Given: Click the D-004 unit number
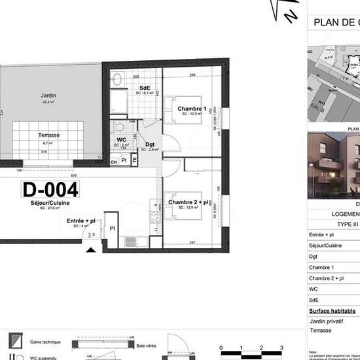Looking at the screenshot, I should (50, 190).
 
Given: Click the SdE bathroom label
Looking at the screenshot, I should (145, 88).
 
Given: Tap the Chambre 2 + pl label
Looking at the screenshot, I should (189, 202).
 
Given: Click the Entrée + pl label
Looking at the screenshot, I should (81, 221).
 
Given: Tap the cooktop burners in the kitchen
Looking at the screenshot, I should (156, 213).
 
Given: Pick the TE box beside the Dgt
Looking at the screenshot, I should (134, 159).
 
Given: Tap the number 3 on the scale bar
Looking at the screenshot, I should (281, 348).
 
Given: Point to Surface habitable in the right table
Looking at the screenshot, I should (333, 310).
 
